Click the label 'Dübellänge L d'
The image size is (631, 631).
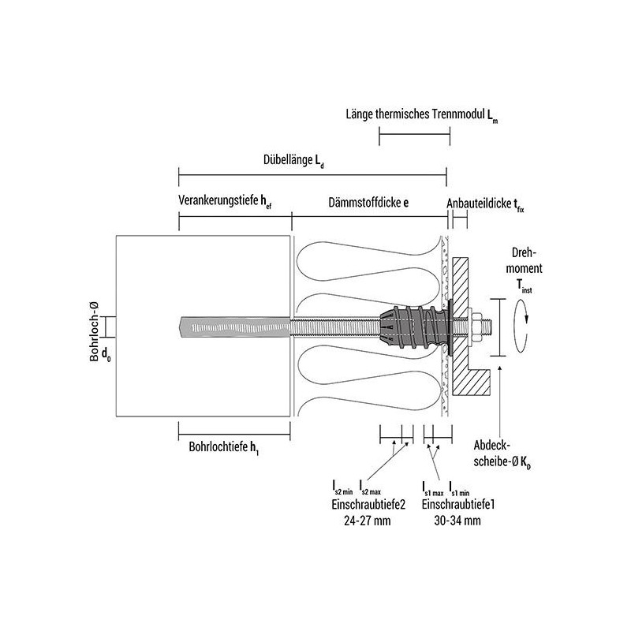[293, 161]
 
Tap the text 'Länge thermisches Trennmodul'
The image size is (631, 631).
[416, 114]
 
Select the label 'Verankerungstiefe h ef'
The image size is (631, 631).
[225, 201]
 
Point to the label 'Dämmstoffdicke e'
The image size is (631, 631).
[368, 202]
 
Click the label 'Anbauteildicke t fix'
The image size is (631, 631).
[485, 204]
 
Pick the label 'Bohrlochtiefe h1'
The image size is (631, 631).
[224, 447]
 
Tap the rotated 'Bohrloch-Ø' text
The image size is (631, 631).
[94, 331]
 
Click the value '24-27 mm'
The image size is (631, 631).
[367, 521]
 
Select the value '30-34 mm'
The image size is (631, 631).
[457, 521]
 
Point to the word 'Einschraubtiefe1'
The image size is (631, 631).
[458, 504]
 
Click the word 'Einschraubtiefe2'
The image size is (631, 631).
[368, 504]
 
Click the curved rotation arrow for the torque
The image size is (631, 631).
[521, 327]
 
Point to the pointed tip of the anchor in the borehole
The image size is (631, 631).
[179, 326]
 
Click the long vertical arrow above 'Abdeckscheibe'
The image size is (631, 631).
[500, 401]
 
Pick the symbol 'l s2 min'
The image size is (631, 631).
[342, 487]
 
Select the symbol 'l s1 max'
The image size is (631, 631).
[433, 487]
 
